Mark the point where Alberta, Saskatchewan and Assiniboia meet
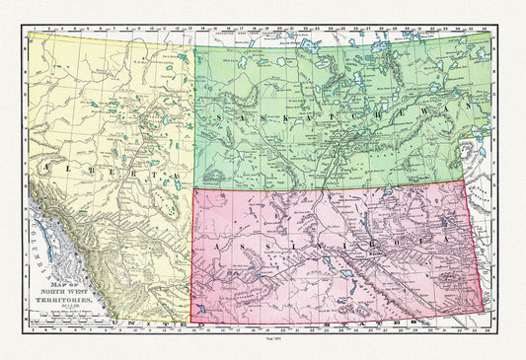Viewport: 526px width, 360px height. (x=193, y=190)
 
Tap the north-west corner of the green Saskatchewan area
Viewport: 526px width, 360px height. (x=194, y=46)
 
